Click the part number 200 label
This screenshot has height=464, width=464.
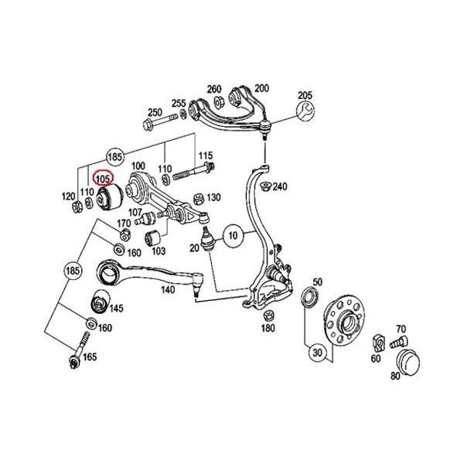click(x=261, y=89)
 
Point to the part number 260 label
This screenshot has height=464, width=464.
click(x=213, y=89)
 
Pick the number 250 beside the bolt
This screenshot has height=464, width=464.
click(x=155, y=111)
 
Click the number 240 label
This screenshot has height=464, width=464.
click(x=279, y=186)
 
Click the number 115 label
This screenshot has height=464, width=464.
click(x=206, y=156)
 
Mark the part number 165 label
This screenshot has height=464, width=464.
click(x=90, y=357)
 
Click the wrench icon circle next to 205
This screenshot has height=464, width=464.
click(x=302, y=111)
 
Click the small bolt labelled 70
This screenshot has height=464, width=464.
click(x=398, y=339)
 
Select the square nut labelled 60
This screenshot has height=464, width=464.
click(x=378, y=340)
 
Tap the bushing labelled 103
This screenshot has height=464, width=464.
click(x=153, y=234)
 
